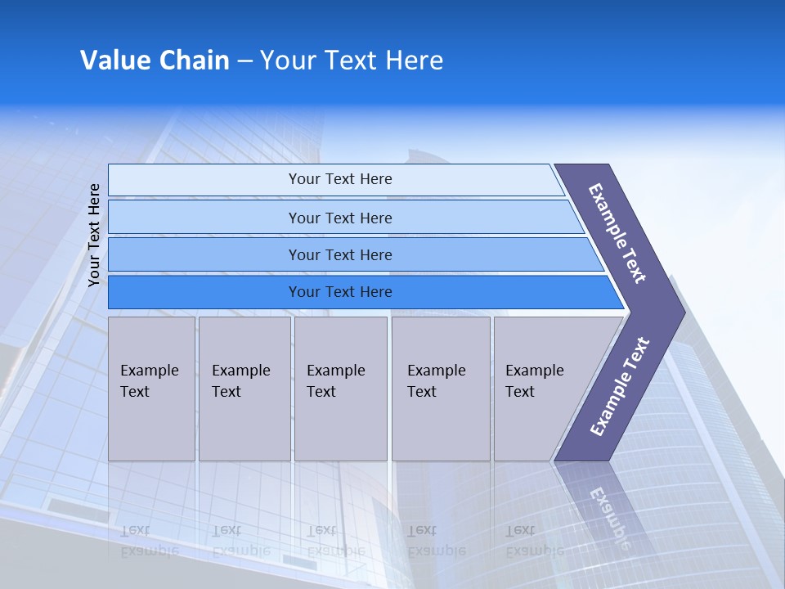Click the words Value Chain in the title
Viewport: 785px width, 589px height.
pos(155,61)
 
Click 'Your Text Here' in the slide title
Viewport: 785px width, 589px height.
pos(352,61)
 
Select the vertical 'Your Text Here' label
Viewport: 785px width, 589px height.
pos(94,235)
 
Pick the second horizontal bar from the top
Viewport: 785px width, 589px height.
pos(339,218)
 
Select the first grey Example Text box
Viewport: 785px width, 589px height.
pos(151,389)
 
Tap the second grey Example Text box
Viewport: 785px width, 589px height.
pos(244,389)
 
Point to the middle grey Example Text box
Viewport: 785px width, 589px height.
pos(340,389)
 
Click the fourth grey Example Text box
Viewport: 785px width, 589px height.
pos(441,389)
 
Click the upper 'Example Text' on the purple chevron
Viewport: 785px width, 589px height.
pos(617,233)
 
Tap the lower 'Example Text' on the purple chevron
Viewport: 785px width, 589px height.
pos(619,387)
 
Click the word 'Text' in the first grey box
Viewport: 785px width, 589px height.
pos(135,392)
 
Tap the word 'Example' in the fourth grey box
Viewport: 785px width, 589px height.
pos(437,371)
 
